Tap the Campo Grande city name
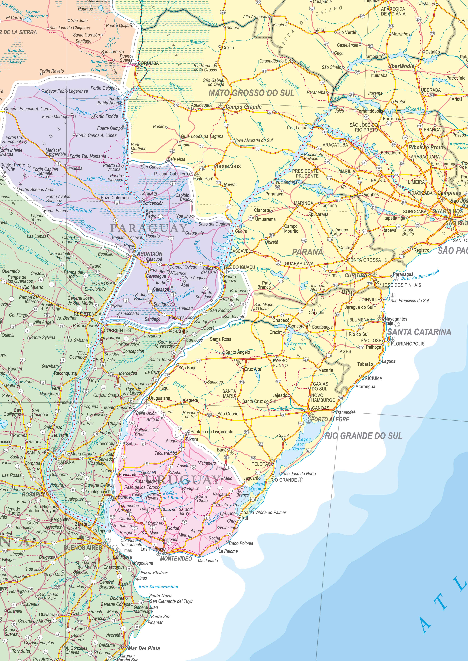point(244,107)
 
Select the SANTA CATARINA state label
point(419,332)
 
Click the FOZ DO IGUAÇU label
point(239,267)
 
